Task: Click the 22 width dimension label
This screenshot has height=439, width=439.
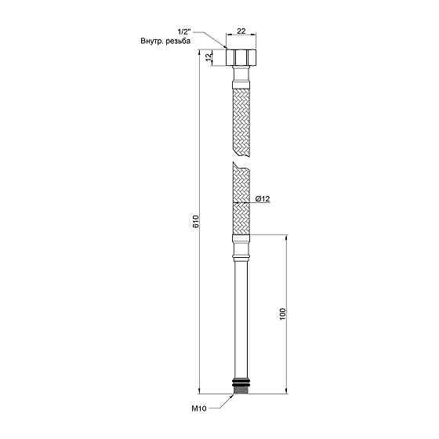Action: [x=241, y=30]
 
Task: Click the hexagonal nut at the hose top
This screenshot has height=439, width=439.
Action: [x=241, y=57]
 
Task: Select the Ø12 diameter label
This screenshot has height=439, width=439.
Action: [x=262, y=201]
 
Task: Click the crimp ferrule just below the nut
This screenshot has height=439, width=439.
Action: [x=241, y=76]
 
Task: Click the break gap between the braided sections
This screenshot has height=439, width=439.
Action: [x=241, y=158]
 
